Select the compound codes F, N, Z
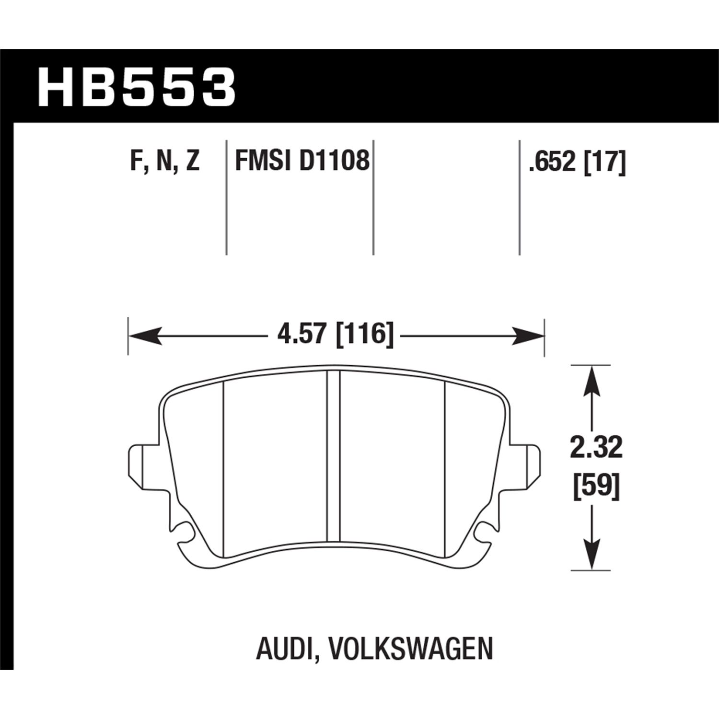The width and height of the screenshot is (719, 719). point(164,161)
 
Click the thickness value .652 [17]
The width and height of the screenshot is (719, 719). point(577,162)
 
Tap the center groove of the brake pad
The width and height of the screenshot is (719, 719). point(333,455)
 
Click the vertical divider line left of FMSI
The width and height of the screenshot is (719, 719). point(226,197)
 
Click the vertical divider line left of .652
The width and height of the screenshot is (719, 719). point(520,197)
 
